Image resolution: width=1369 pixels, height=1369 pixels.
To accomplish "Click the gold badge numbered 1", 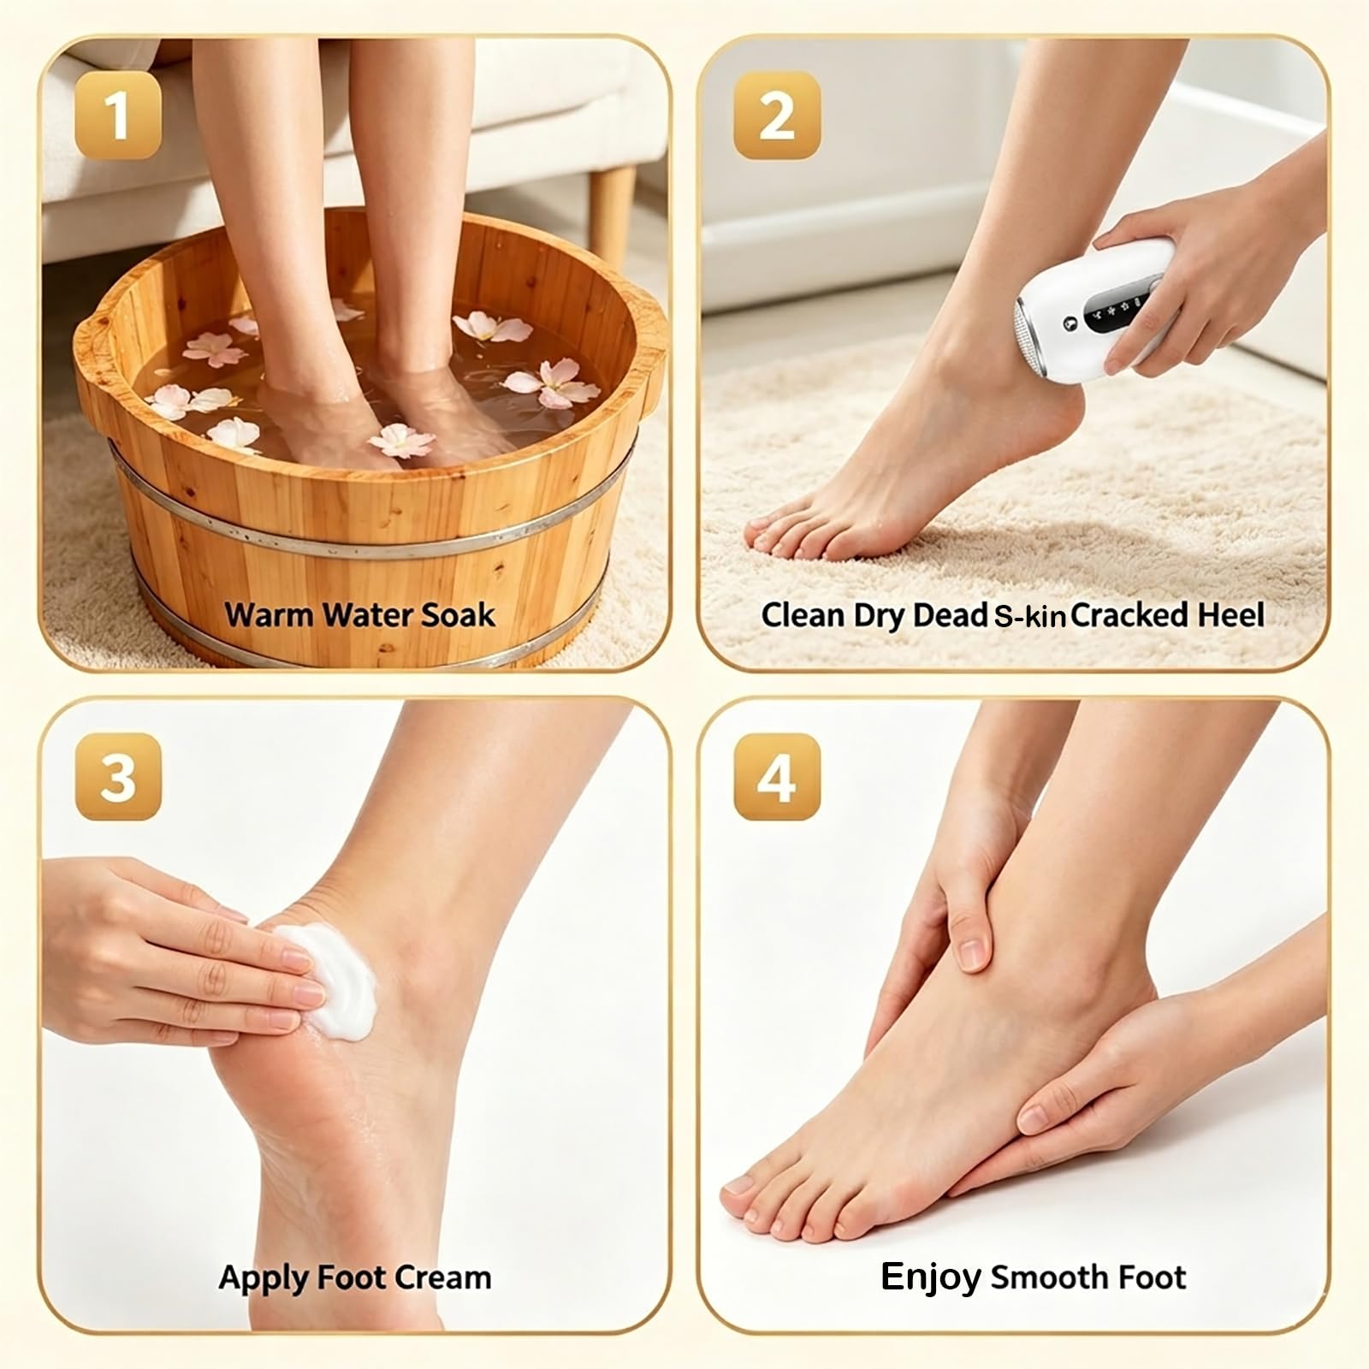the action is [118, 116].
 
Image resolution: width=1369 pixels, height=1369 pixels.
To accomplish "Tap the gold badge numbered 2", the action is [777, 116].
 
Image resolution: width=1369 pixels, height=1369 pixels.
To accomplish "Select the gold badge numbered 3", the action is [118, 776].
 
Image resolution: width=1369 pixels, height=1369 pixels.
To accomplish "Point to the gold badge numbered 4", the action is [777, 776].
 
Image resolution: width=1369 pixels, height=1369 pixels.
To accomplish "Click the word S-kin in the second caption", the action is [1029, 616].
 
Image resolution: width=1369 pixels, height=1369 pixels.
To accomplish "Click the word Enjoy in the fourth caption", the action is [931, 1278].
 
